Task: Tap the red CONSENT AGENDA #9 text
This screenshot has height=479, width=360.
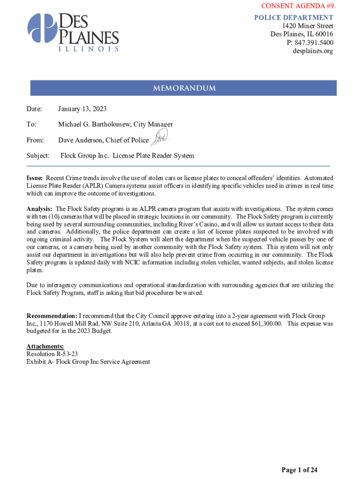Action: click(298, 6)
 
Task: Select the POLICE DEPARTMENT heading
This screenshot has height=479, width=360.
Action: click(293, 18)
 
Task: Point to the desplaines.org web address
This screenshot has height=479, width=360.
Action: click(313, 51)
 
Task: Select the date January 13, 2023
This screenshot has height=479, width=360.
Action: click(82, 109)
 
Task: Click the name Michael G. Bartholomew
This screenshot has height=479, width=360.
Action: click(94, 124)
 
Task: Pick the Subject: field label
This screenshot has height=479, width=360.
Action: click(38, 155)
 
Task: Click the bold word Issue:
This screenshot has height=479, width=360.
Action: click(35, 178)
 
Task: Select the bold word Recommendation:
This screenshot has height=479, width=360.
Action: click(51, 316)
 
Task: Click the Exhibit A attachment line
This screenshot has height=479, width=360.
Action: click(88, 362)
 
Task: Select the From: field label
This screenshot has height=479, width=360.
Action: click(35, 140)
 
